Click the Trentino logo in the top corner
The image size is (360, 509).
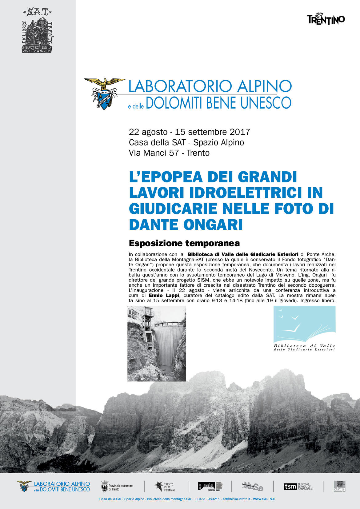click(x=326, y=19)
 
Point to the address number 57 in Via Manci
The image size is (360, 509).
click(x=174, y=153)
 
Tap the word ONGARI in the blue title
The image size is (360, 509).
click(x=213, y=225)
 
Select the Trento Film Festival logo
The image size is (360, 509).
click(x=165, y=487)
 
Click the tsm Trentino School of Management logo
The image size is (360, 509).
click(x=298, y=487)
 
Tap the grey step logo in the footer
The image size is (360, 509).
click(x=339, y=487)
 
